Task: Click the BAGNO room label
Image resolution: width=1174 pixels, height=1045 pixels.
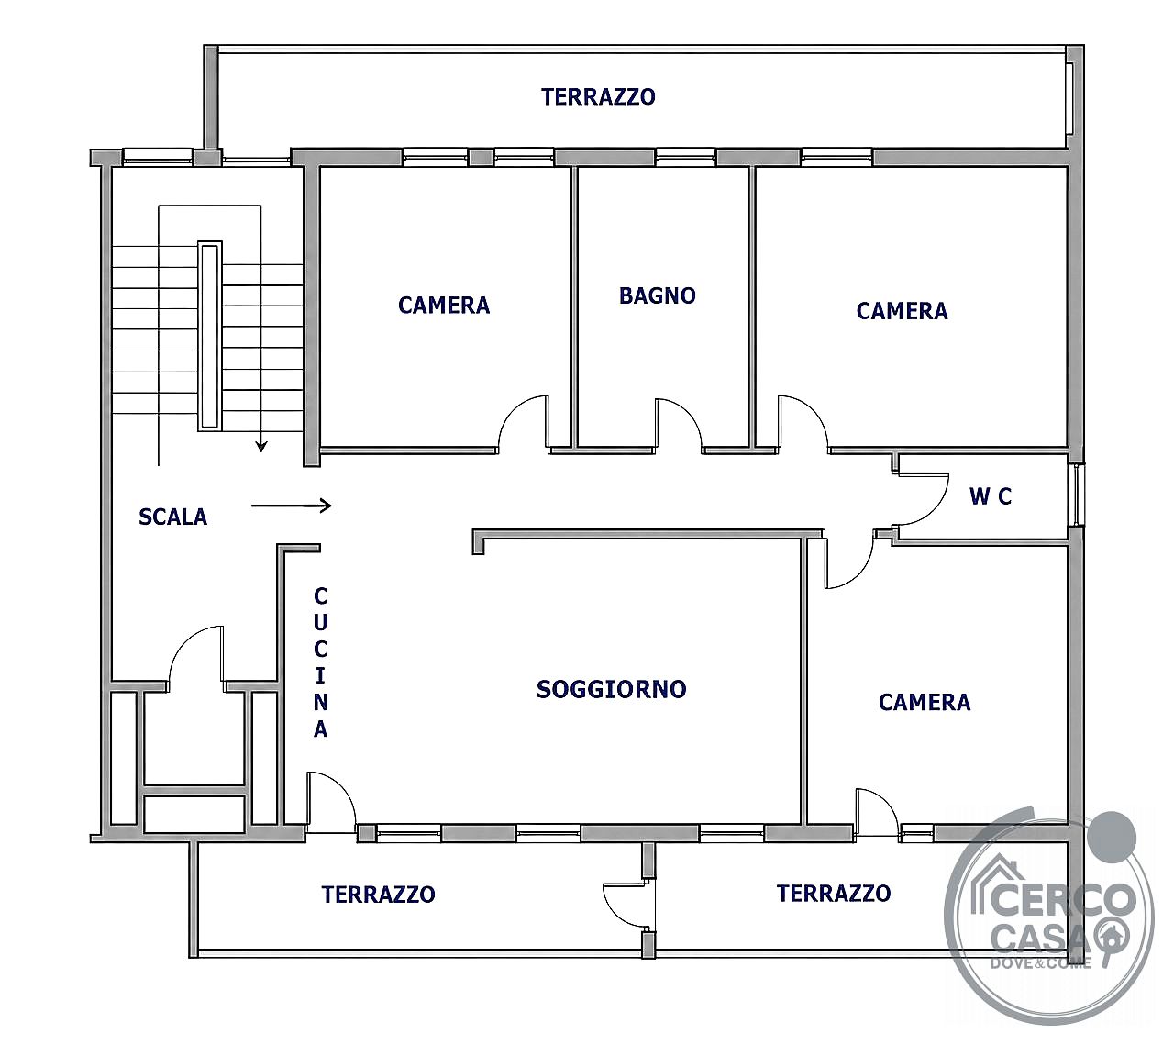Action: (x=657, y=295)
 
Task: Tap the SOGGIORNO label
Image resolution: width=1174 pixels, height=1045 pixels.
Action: (x=612, y=689)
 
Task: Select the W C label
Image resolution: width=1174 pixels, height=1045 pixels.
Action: (x=991, y=496)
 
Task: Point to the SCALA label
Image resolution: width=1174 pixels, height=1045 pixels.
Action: (x=172, y=517)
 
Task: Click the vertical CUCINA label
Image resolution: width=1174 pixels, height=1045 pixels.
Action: (x=320, y=661)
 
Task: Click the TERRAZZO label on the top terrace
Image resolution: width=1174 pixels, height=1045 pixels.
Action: (x=598, y=96)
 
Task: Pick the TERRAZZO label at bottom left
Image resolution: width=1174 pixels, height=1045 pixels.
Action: (x=379, y=895)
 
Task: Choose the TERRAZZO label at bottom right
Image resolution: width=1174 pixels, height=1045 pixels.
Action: (x=834, y=893)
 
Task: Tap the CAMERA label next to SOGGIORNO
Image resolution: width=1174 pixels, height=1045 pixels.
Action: (x=925, y=702)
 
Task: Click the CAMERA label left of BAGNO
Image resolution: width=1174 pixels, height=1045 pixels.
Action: (x=444, y=305)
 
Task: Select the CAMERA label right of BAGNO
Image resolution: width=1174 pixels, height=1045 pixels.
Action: (x=902, y=311)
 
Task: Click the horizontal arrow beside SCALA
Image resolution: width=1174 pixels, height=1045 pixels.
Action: (x=291, y=506)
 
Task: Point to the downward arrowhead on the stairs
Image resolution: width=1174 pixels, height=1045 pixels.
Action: (x=261, y=446)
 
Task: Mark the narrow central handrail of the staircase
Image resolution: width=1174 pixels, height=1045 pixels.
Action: (x=210, y=336)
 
